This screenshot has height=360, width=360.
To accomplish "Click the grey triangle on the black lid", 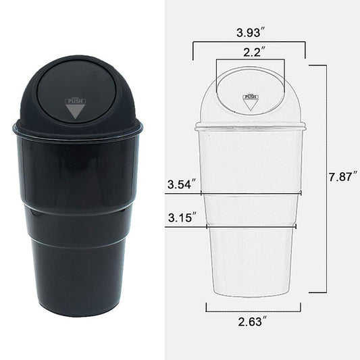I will point(75,112).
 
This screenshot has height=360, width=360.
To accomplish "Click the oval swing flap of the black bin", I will point(76,91).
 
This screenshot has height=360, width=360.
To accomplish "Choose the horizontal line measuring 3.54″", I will point(233,192).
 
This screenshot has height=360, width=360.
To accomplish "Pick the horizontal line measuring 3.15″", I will point(233,226).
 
